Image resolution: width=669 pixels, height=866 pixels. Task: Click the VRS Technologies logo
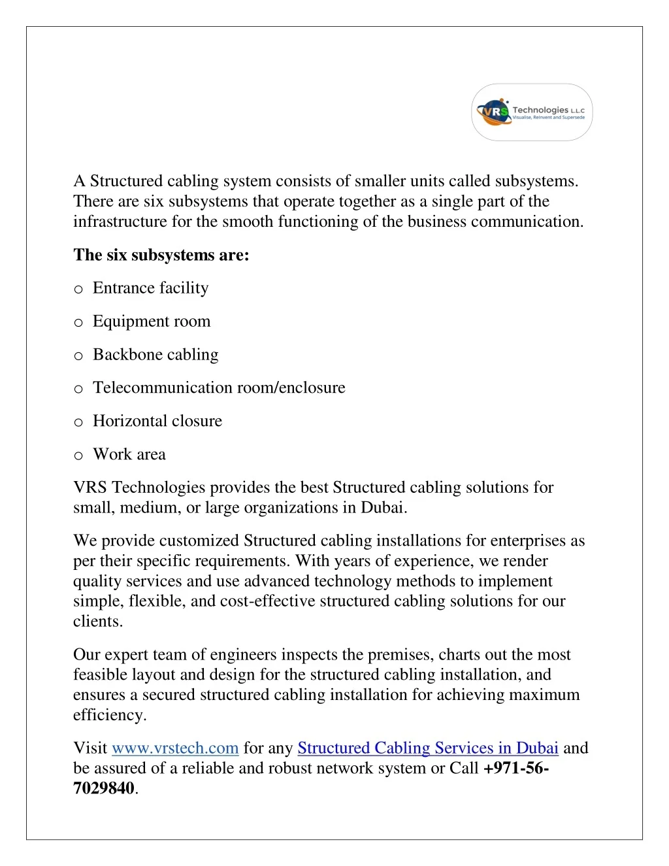coord(532,112)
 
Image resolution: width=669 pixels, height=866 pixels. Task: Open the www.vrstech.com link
coord(175,748)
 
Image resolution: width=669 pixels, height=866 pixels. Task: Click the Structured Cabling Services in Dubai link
coord(427,748)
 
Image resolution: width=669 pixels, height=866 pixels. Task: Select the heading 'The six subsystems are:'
coord(161,255)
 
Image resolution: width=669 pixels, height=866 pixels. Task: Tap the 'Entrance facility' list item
coord(150,288)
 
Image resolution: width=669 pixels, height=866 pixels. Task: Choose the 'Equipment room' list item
coord(152,322)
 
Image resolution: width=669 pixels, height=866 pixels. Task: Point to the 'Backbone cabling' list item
coord(155,355)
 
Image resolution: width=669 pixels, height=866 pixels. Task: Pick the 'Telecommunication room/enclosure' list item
coord(219,388)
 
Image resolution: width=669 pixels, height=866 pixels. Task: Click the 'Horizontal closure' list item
coord(157,421)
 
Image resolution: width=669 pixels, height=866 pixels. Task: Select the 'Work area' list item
coord(129,454)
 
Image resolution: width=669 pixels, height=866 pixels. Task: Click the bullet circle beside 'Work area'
coord(78,456)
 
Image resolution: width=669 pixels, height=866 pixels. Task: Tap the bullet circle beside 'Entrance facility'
coord(78,290)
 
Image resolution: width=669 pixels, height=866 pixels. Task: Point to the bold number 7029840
coord(104,788)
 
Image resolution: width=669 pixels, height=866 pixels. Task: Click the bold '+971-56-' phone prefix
coord(516,768)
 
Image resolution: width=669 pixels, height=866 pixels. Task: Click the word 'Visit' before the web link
coord(90,748)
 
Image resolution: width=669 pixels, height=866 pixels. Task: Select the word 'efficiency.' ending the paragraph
coord(110,715)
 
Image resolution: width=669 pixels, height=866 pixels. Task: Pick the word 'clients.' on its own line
coord(98,622)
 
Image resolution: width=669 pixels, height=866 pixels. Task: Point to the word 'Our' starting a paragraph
coord(86,655)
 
